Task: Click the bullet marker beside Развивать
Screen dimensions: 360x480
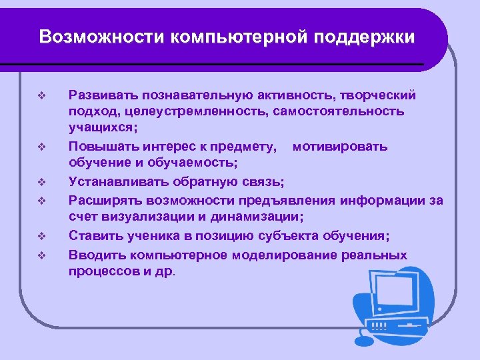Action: pyautogui.click(x=41, y=94)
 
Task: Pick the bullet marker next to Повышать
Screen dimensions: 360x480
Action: pyautogui.click(x=41, y=146)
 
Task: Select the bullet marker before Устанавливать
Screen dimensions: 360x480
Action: pyautogui.click(x=41, y=181)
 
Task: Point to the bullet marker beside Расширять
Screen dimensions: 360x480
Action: pyautogui.click(x=41, y=199)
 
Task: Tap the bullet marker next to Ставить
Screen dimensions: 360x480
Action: pyautogui.click(x=41, y=235)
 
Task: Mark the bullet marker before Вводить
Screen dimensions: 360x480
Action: pyautogui.click(x=41, y=253)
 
